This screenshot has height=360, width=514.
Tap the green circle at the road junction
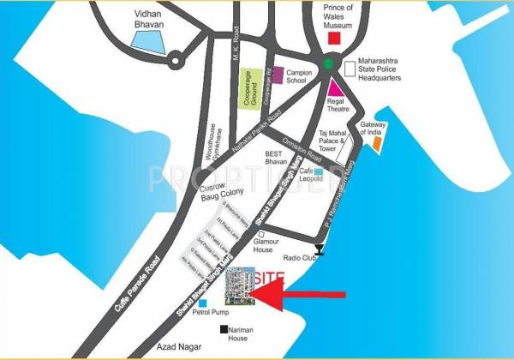click(x=331, y=65)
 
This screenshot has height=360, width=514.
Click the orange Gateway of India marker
click(x=377, y=143)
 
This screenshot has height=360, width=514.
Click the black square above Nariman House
click(x=224, y=330)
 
